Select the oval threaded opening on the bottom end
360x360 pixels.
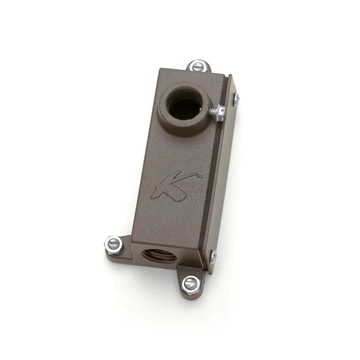tap(159, 255)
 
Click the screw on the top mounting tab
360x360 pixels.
tap(199, 66)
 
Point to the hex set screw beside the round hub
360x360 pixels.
tap(219, 112)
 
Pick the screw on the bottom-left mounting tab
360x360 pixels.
tap(113, 245)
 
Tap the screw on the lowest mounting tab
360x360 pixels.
tap(190, 284)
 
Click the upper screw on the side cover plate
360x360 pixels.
tap(236, 99)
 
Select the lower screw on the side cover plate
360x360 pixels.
tap(213, 257)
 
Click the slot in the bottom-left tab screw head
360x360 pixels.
tap(113, 245)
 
